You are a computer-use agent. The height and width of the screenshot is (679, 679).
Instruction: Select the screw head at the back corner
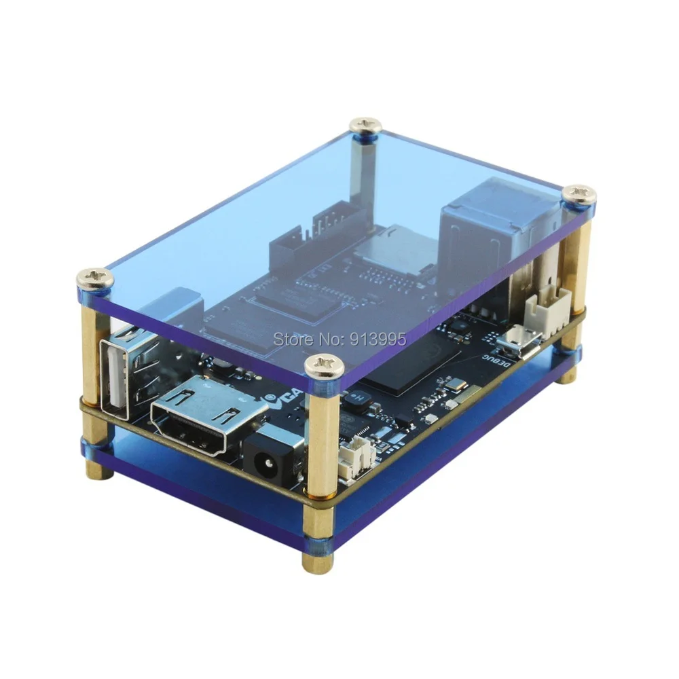pos(365,126)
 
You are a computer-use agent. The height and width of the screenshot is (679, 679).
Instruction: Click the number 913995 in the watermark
pos(377,337)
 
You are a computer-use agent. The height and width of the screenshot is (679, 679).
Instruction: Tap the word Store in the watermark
pos(289,337)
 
